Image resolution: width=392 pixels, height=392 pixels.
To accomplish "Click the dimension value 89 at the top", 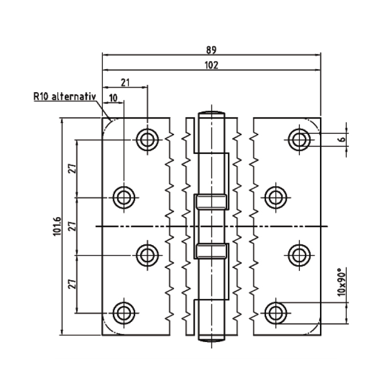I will pos(211,50).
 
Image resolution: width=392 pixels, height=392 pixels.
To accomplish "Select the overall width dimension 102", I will pos(211,65).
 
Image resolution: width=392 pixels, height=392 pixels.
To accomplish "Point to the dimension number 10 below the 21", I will pos(113,97).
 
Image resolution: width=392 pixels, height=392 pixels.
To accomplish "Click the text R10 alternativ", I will pos(64,97).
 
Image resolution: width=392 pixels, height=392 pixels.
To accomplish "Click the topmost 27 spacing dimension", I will pos(72,169).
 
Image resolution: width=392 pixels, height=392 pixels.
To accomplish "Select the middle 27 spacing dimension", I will pos(72,226).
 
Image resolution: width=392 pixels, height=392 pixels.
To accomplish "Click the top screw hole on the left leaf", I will pos(147,140).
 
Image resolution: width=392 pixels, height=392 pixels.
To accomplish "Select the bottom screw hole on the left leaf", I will pos(123,312).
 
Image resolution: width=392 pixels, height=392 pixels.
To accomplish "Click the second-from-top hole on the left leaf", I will pos(123,197).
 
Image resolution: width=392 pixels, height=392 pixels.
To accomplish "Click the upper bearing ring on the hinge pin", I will pos(211,201).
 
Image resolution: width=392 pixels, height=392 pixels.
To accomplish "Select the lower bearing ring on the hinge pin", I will pos(211,251).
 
